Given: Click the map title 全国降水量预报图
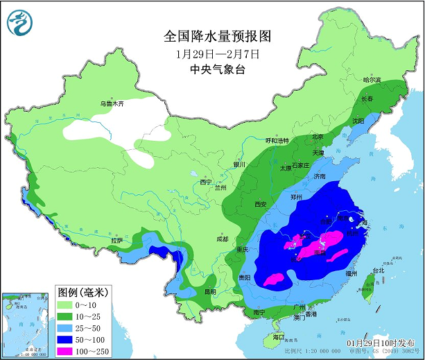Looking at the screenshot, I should click(x=217, y=35).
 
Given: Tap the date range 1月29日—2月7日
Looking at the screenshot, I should click(x=217, y=54).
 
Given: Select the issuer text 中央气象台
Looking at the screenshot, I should click(x=217, y=70).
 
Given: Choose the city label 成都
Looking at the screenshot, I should click(x=221, y=239).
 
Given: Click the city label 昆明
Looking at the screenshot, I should click(x=209, y=291).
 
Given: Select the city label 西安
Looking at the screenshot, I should click(x=261, y=204).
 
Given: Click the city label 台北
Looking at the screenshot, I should click(x=379, y=271).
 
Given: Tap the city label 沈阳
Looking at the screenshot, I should click(x=358, y=120).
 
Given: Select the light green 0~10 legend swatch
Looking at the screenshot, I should click(x=66, y=304).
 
